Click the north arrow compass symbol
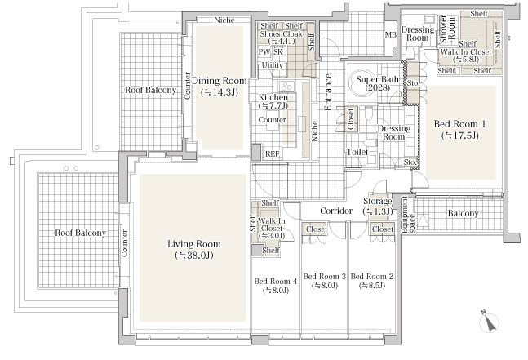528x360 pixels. coord(489,322)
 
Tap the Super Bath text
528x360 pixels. coord(378,79)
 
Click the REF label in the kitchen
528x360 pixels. coord(272,154)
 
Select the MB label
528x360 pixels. coord(391,34)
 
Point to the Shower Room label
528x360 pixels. coord(447,29)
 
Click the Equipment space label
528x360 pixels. coord(408,215)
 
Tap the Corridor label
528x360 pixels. coord(336,211)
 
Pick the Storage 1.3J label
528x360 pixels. coord(378,206)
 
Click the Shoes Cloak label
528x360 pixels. coord(282,34)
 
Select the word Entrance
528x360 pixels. coord(327,92)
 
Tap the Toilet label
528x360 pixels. coord(357,152)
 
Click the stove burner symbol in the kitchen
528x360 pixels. coord(286,87)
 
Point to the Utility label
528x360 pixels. coord(272,65)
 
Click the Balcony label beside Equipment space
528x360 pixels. coord(463,213)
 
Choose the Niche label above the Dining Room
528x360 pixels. coord(224,20)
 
